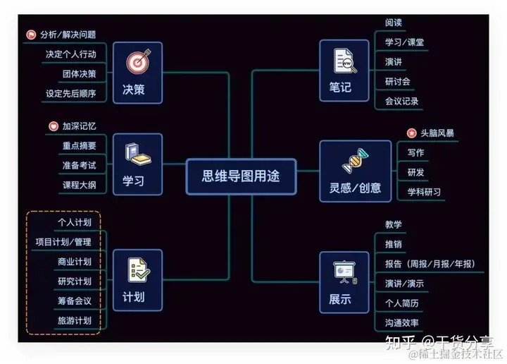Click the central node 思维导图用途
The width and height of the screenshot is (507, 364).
[x=241, y=176]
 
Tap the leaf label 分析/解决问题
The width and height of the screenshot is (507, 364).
[x=68, y=35]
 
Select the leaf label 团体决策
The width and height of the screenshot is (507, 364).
[x=79, y=73]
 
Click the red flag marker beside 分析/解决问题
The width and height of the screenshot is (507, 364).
[x=31, y=35]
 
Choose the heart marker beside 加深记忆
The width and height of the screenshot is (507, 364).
[x=54, y=126]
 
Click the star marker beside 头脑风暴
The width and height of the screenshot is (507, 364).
[x=411, y=133]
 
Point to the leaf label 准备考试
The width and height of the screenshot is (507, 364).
[x=79, y=165]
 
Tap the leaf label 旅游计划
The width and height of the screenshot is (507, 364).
[x=75, y=320]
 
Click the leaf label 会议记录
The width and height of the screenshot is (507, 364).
[x=402, y=101]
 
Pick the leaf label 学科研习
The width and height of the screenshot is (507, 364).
[x=424, y=192]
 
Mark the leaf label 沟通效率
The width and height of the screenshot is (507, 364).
[x=402, y=323]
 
